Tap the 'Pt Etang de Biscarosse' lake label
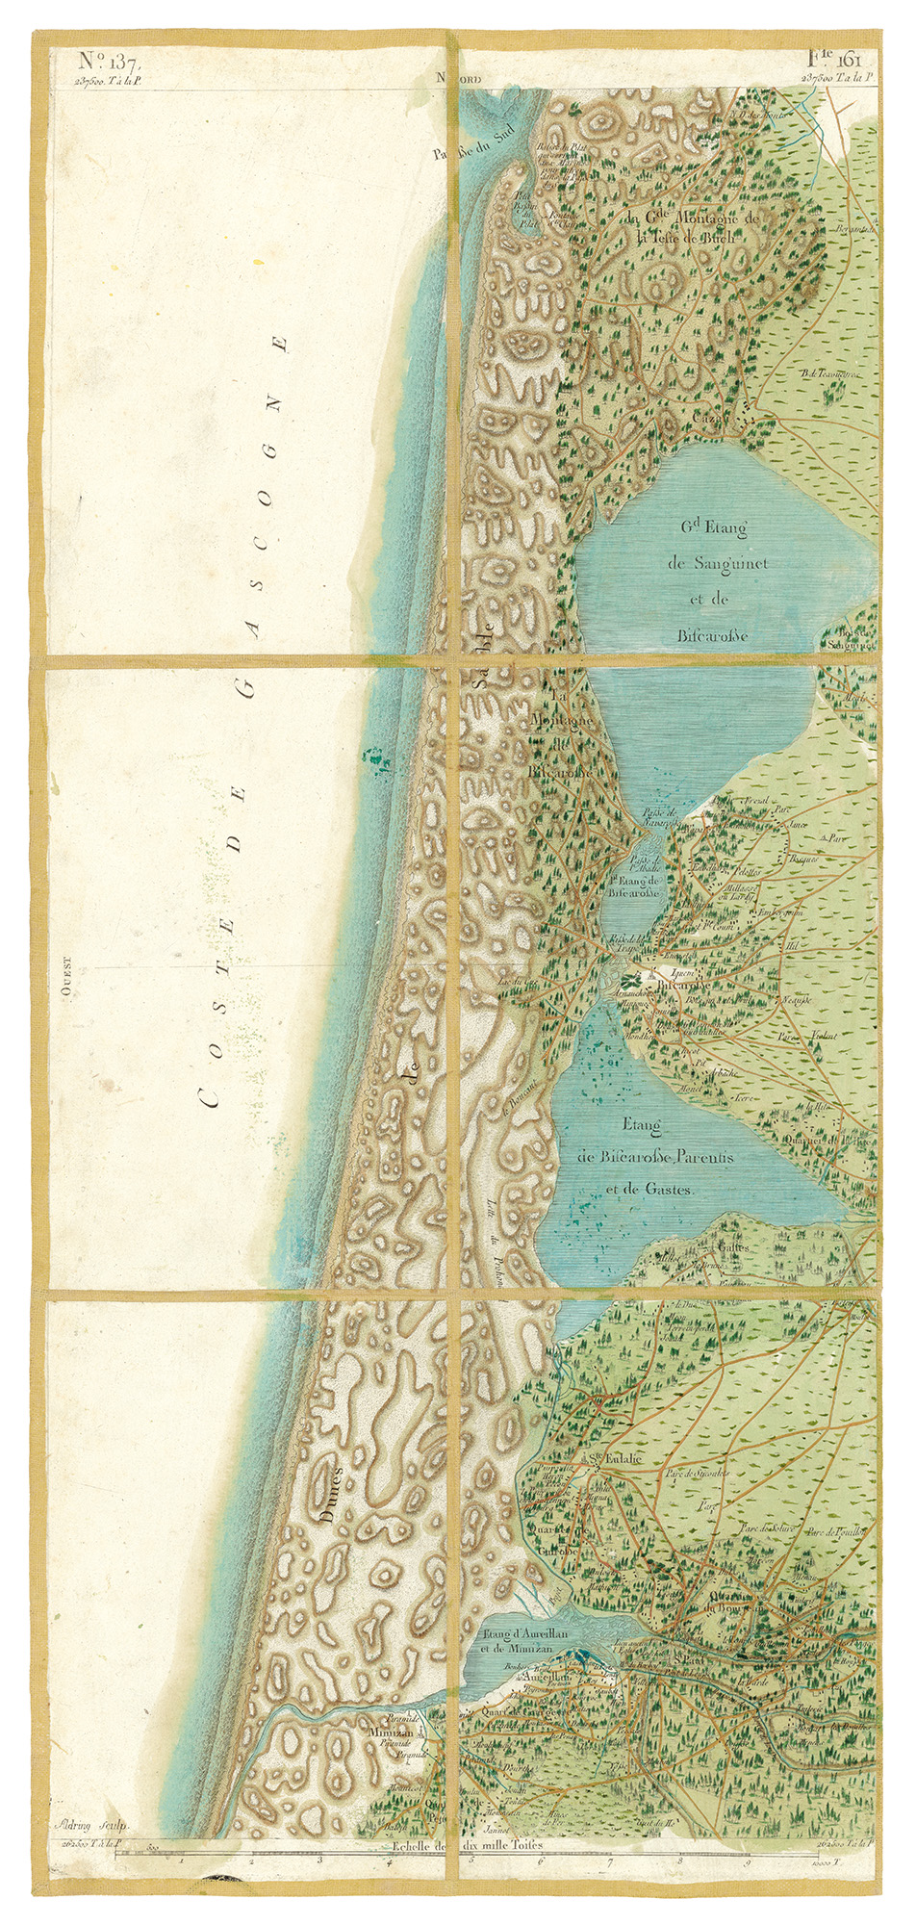[632, 886]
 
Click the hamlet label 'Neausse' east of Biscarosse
[798, 1000]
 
